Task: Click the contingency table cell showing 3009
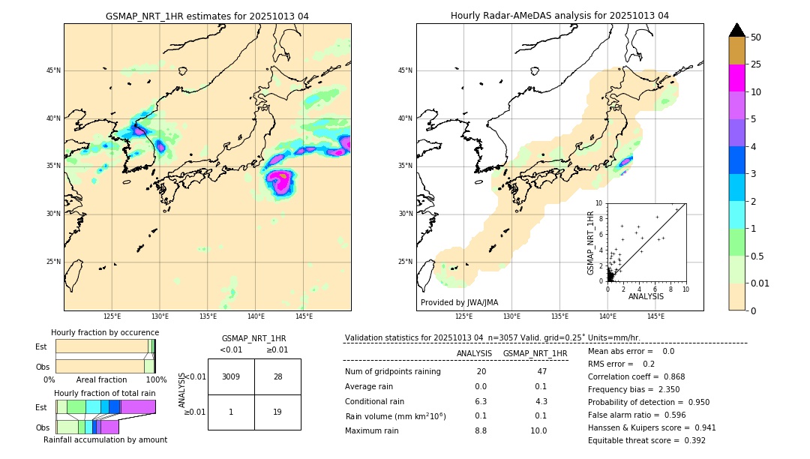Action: (231, 376)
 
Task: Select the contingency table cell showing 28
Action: (277, 376)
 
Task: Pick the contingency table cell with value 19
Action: (277, 412)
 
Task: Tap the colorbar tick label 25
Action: (756, 64)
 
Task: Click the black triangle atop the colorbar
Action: (737, 30)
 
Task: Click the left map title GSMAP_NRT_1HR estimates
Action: (207, 16)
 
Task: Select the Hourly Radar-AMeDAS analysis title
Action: (559, 16)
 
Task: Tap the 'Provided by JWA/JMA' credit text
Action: (459, 303)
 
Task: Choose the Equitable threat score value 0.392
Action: (690, 440)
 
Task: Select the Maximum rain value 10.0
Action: (538, 430)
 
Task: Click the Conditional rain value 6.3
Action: (481, 401)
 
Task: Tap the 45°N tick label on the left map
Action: (52, 70)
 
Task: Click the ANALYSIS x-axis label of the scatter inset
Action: (646, 296)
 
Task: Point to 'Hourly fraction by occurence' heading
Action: (105, 332)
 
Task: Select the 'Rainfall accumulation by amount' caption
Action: (105, 439)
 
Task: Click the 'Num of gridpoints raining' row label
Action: (393, 372)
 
